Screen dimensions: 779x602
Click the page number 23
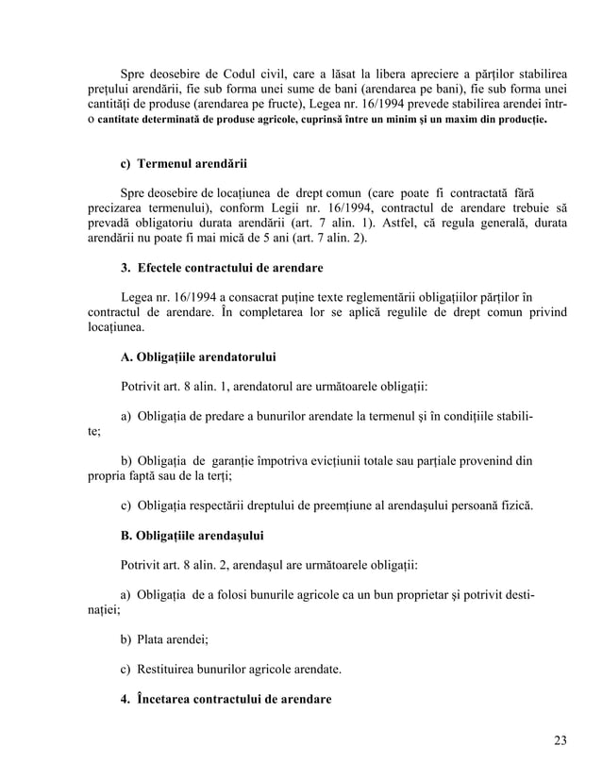click(x=560, y=739)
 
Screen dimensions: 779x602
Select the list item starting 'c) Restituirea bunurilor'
click(x=231, y=671)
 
